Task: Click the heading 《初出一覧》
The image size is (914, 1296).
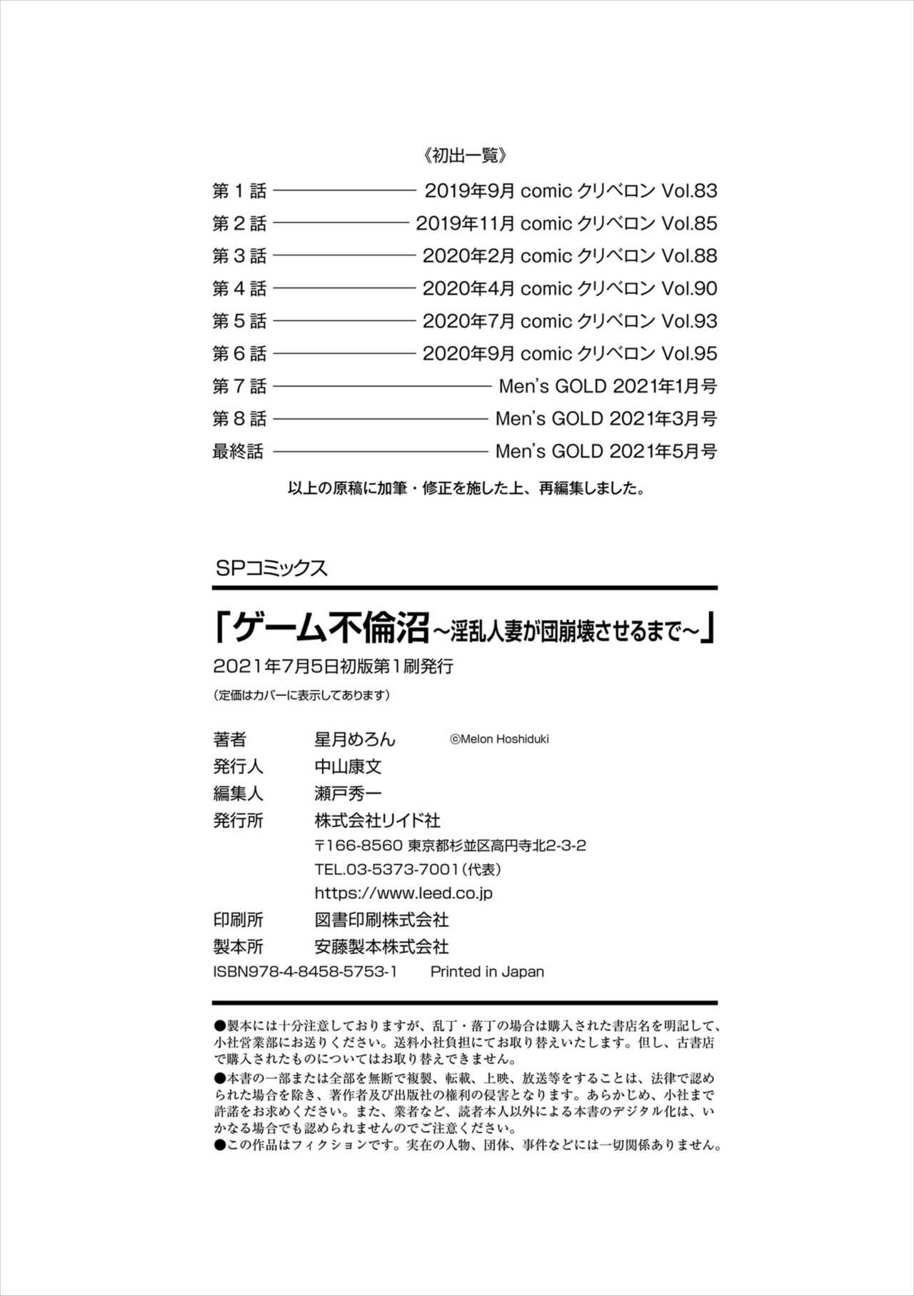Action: point(464,156)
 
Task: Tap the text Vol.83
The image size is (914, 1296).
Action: point(689,191)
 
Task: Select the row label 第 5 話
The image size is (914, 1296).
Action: point(239,321)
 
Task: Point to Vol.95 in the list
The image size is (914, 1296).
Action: point(689,354)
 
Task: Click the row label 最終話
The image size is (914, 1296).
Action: point(238,452)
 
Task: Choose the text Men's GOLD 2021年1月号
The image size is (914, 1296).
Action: point(608,387)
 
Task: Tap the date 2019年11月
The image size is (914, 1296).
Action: point(465,223)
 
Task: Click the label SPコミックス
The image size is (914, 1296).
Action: point(270,568)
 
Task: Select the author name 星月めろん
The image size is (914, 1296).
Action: point(355,740)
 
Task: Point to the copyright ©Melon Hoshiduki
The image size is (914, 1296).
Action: point(499,740)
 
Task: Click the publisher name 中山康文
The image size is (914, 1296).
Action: point(348,767)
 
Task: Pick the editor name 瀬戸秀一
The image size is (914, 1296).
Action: point(348,794)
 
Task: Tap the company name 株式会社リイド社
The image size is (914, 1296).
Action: point(378,821)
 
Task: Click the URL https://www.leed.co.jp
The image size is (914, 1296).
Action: point(403,893)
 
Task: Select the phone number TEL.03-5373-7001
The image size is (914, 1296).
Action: point(386,869)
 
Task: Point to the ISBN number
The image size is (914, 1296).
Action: point(305,972)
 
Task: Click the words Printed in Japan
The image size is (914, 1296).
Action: point(487,972)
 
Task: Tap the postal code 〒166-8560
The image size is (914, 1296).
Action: point(358,846)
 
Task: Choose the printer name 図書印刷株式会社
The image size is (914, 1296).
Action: point(381,920)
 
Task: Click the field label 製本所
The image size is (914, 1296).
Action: point(238,947)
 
